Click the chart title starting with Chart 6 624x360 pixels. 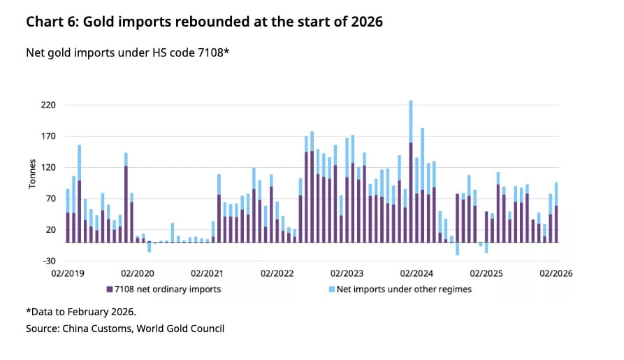[x=204, y=22]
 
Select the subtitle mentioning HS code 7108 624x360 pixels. [x=127, y=53]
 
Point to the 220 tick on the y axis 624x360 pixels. [x=50, y=106]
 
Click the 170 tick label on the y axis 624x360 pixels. [x=50, y=137]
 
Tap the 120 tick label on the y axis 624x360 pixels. [x=50, y=168]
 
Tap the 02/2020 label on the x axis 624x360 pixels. [x=137, y=274]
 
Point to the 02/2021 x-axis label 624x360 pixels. [x=207, y=274]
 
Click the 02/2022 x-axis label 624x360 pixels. [x=277, y=274]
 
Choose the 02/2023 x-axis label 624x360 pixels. [x=347, y=274]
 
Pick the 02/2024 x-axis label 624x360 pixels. [x=416, y=274]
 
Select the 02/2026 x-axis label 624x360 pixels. [x=556, y=274]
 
